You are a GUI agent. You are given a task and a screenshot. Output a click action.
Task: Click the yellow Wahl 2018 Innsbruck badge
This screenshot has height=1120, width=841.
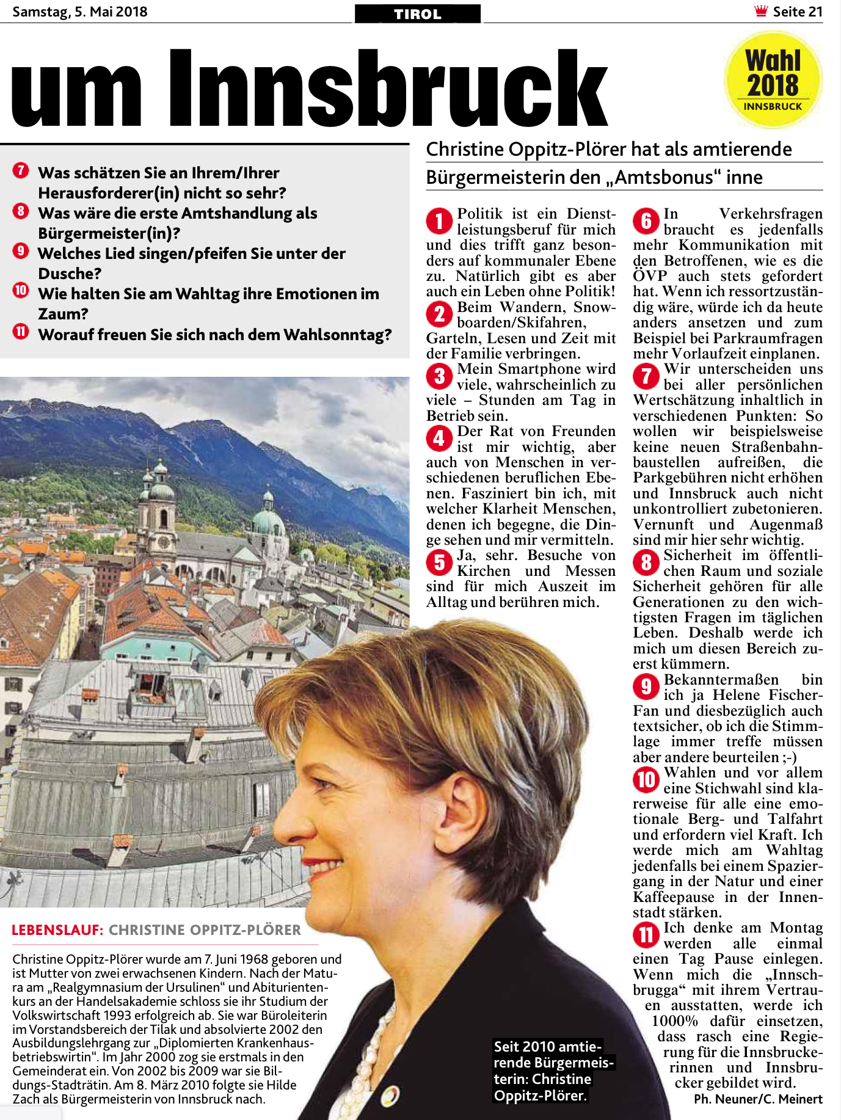[773, 80]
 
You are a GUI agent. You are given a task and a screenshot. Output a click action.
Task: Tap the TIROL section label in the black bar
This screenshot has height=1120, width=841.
[418, 14]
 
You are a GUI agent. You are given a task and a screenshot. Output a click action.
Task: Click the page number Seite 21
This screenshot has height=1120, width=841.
[798, 12]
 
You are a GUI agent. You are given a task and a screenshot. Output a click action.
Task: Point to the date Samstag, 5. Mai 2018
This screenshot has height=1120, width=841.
[80, 12]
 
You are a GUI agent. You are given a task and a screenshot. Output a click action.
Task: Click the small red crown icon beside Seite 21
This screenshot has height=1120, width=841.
[761, 11]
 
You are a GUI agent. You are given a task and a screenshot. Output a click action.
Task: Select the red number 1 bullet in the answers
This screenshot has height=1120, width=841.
[439, 221]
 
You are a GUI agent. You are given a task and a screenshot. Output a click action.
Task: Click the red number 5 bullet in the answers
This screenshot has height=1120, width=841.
[439, 562]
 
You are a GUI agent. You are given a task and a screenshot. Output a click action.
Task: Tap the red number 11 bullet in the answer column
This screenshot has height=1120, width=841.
[646, 935]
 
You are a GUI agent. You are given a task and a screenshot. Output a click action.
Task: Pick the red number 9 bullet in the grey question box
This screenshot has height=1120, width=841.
[21, 251]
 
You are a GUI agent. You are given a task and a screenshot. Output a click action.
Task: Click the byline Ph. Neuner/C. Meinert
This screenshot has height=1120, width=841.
[758, 1099]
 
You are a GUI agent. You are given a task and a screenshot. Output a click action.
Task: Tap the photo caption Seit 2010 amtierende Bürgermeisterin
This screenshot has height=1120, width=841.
[553, 1071]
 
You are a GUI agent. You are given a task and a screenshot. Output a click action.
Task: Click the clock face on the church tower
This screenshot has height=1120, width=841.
[164, 542]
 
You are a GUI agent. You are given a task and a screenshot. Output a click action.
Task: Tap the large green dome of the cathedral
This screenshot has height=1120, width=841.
[268, 522]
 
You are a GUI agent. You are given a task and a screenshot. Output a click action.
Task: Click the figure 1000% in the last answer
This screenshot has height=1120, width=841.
[674, 1021]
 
